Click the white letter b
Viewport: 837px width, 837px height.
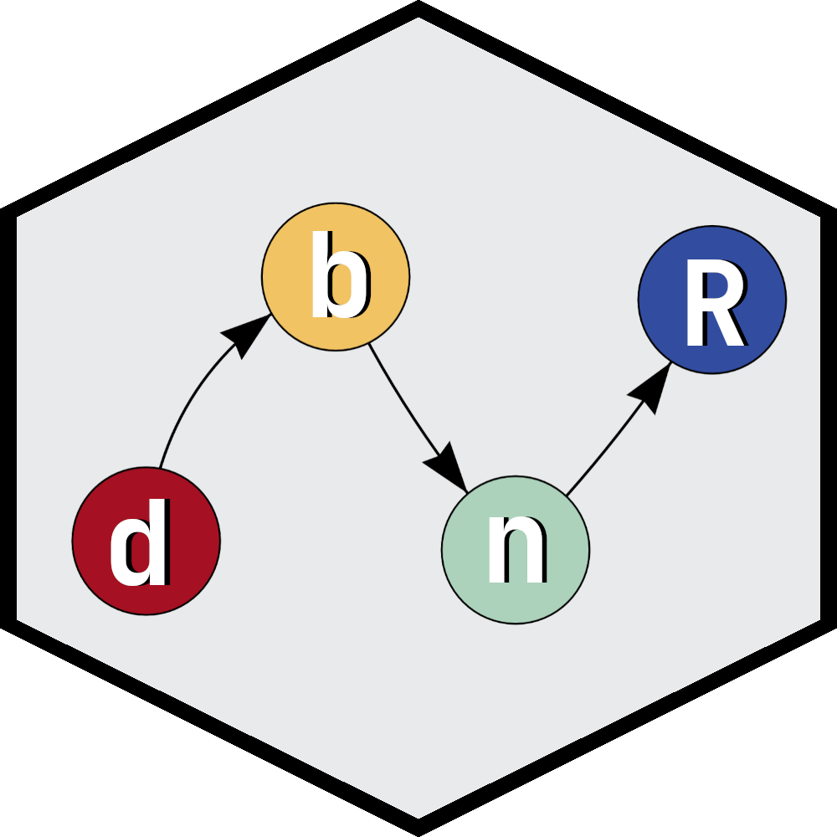(338, 276)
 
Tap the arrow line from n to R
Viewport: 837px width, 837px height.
(598, 456)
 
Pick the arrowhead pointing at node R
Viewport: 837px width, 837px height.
(651, 386)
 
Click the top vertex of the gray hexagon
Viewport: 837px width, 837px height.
(418, 18)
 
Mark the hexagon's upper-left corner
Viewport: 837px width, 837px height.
(18, 218)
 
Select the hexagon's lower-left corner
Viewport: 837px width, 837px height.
(18, 619)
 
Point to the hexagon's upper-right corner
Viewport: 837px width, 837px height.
(819, 218)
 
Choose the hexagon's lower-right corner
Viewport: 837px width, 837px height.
(819, 619)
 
